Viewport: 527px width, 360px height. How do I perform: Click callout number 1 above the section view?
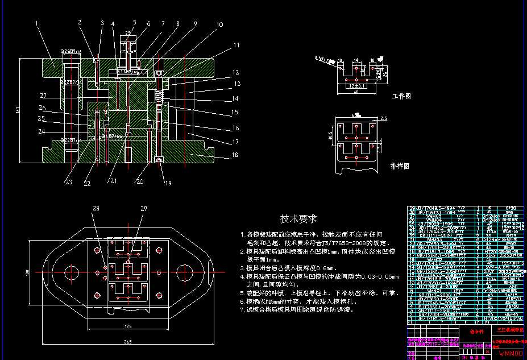click(x=36, y=24)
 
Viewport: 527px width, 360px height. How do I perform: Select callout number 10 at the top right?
click(x=219, y=24)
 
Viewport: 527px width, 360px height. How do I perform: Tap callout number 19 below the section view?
click(x=168, y=183)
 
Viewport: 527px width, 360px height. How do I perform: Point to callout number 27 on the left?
click(x=43, y=95)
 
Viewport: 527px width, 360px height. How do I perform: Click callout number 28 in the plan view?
click(x=96, y=209)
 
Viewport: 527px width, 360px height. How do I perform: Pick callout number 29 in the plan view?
click(x=144, y=209)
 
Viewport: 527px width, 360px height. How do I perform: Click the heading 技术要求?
click(x=298, y=218)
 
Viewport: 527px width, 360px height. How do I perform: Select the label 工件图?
click(x=401, y=97)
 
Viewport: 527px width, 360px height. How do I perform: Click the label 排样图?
click(x=400, y=166)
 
